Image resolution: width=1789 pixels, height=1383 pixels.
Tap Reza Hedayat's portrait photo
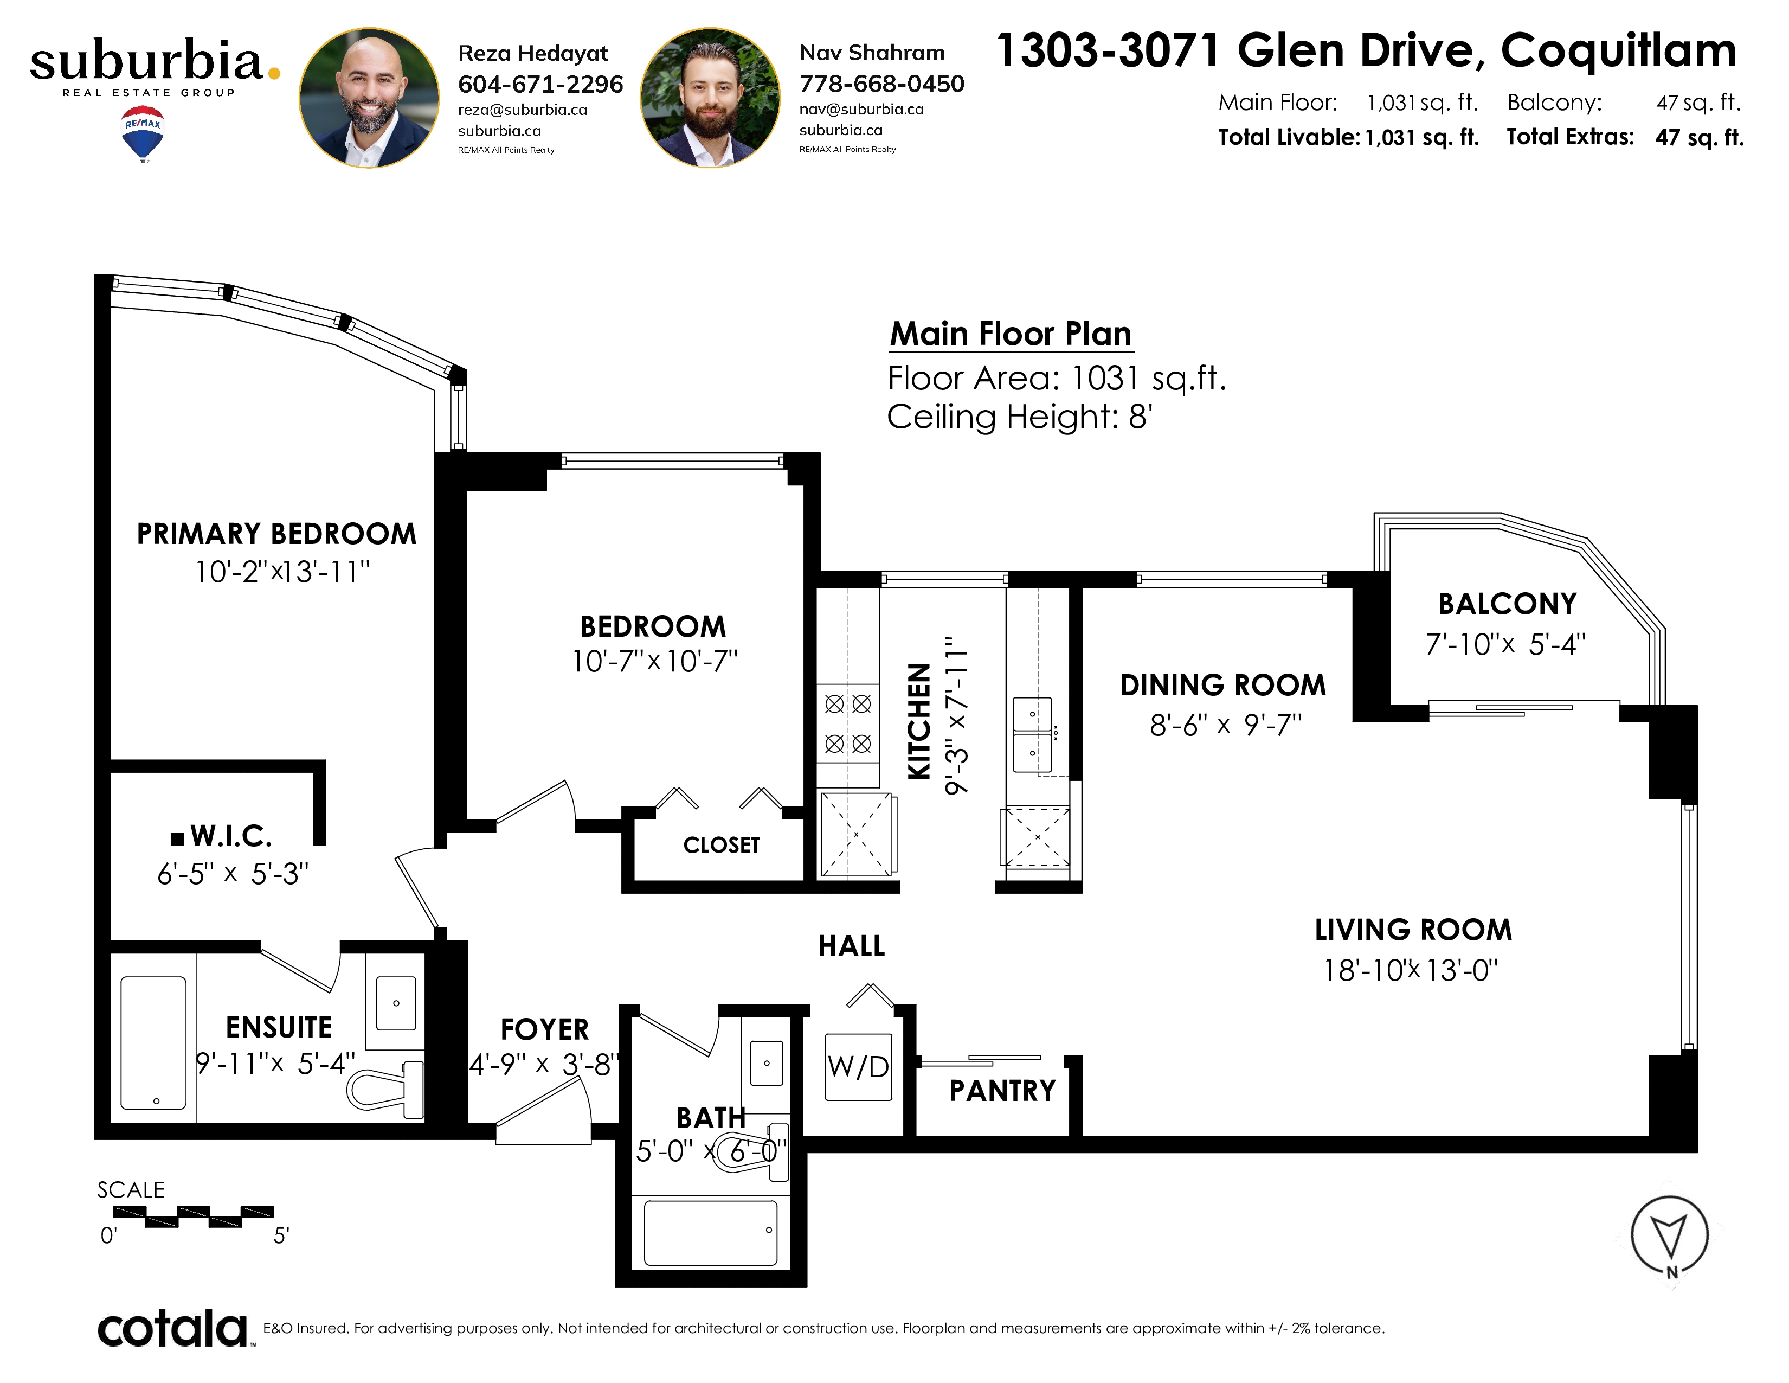(369, 98)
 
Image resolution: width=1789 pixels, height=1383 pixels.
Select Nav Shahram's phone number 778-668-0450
(881, 84)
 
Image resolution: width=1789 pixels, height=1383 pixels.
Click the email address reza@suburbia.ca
(523, 110)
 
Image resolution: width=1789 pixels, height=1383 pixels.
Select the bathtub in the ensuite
(153, 1043)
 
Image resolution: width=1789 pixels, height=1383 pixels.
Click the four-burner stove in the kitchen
(848, 724)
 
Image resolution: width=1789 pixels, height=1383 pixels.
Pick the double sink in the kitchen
(1032, 735)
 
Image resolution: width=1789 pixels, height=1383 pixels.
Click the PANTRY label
(1002, 1091)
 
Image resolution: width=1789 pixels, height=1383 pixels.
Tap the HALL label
(852, 946)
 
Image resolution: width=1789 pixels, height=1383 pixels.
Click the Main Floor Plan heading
(1011, 334)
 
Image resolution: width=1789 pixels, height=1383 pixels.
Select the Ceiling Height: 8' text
(1020, 417)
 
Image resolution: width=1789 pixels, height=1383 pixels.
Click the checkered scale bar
(194, 1216)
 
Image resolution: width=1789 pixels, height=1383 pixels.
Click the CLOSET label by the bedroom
(722, 844)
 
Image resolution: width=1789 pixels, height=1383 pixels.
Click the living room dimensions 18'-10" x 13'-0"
(1411, 971)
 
